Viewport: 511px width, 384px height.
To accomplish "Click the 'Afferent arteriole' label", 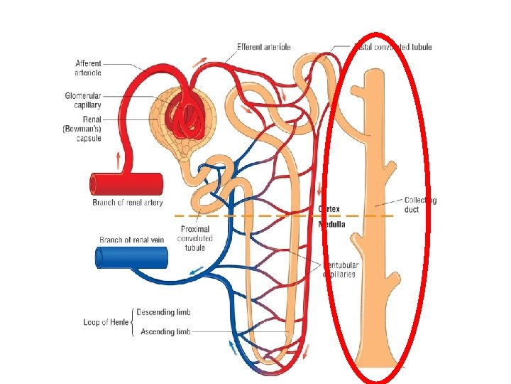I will (88, 68).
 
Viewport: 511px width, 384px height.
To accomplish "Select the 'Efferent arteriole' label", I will (263, 47).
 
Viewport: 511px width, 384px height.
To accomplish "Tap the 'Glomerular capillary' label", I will (83, 100).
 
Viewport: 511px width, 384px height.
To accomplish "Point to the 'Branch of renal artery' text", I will (127, 203).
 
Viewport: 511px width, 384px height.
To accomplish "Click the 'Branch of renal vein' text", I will (131, 240).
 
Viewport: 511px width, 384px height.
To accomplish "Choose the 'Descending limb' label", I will (163, 312).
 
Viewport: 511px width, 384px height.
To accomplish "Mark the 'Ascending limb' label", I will (165, 331).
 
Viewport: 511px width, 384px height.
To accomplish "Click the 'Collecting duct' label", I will (420, 205).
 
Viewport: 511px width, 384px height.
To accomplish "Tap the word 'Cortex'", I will (329, 209).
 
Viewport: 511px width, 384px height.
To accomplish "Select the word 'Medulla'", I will (331, 224).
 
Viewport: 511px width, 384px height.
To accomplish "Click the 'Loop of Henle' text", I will (106, 322).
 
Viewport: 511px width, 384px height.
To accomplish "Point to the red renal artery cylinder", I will (127, 184).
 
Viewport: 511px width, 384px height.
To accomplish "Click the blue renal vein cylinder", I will (131, 257).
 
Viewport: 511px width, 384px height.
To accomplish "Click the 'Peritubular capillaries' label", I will (341, 270).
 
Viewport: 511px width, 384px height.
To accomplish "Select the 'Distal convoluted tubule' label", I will (394, 47).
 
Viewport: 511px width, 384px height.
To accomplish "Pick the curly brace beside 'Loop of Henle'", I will (133, 322).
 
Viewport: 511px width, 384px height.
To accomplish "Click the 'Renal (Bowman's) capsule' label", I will (83, 129).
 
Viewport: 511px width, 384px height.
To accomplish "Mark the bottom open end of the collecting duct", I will (375, 362).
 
